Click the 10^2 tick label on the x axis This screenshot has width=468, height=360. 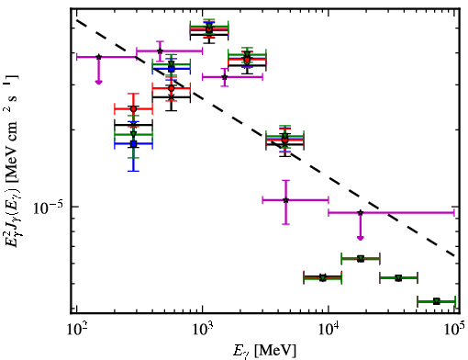[77, 330]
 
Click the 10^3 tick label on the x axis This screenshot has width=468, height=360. [203, 330]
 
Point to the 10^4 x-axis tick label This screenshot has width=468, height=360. [329, 330]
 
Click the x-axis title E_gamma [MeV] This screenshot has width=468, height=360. [264, 351]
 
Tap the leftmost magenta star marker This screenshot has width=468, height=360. [98, 57]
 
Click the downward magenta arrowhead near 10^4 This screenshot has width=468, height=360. [361, 238]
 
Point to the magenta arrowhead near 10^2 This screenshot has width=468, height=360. [98, 82]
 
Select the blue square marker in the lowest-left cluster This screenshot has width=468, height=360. [133, 143]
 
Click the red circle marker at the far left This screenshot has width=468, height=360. [133, 108]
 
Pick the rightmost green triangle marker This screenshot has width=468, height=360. [437, 301]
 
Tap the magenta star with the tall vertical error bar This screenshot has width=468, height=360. [285, 200]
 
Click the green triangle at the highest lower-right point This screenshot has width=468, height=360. [361, 259]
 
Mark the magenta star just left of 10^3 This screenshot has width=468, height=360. [160, 51]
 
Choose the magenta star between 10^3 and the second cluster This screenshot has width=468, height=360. [225, 77]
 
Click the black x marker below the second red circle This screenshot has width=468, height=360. [172, 97]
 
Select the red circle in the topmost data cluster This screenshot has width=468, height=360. [209, 29]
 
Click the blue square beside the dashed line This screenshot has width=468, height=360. [172, 69]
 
